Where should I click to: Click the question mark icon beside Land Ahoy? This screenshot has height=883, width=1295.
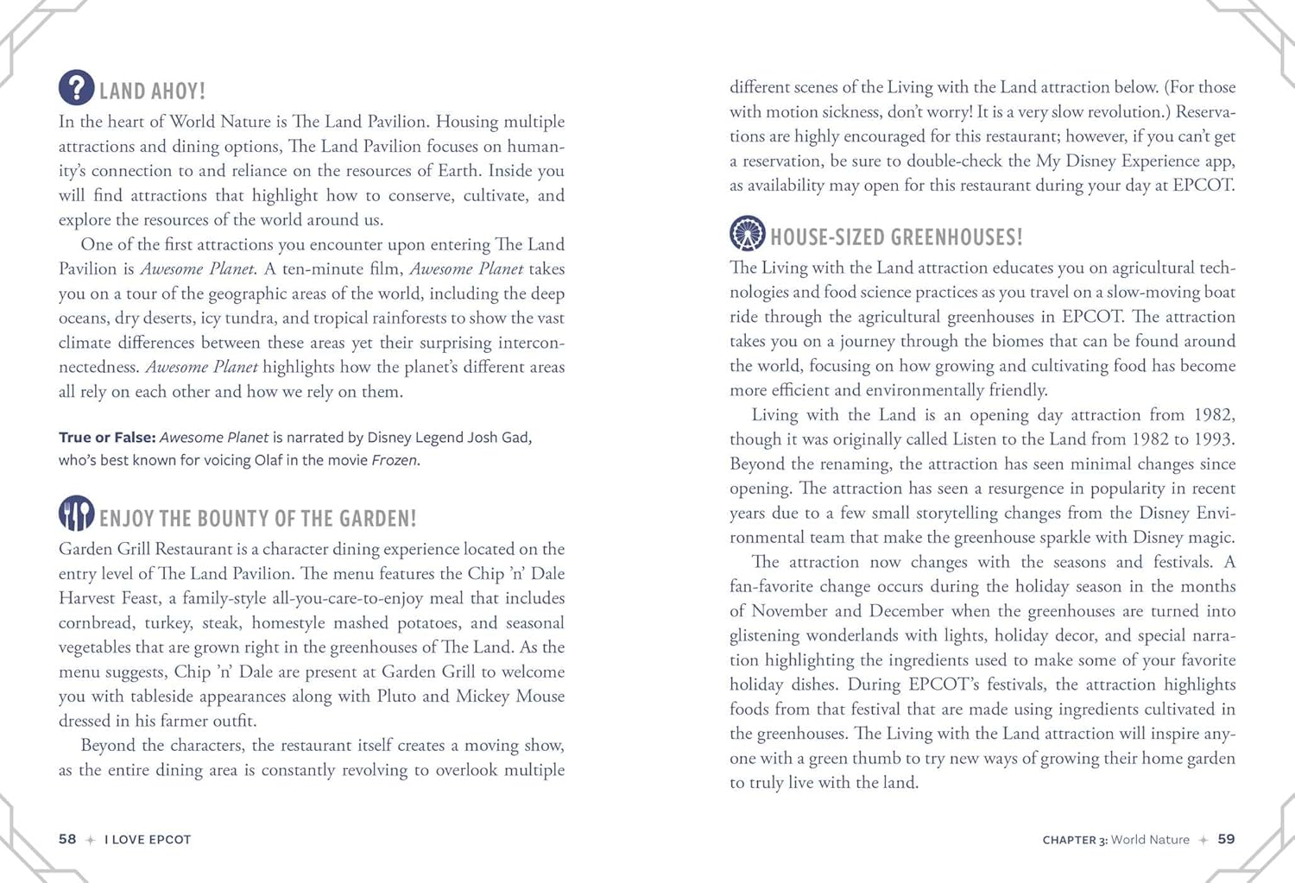pos(77,88)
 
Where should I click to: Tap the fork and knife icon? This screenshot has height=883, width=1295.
pos(77,514)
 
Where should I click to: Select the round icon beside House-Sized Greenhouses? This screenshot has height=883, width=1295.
pos(748,233)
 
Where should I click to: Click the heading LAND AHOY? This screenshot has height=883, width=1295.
pos(152,91)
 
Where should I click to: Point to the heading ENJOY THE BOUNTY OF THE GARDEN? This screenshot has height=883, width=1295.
pos(257,519)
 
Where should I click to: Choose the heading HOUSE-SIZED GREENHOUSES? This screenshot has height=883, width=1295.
pos(896,237)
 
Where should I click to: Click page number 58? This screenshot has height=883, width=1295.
pos(67,839)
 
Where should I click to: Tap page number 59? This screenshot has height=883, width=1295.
pos(1226,839)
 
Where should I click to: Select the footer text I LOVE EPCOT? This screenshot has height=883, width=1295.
pos(148,840)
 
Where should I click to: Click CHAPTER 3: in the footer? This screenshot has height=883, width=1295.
pos(1074,840)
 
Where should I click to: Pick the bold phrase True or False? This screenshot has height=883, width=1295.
pos(107,438)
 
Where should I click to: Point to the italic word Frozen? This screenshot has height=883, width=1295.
pos(395,460)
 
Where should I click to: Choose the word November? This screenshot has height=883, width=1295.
pos(791,611)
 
